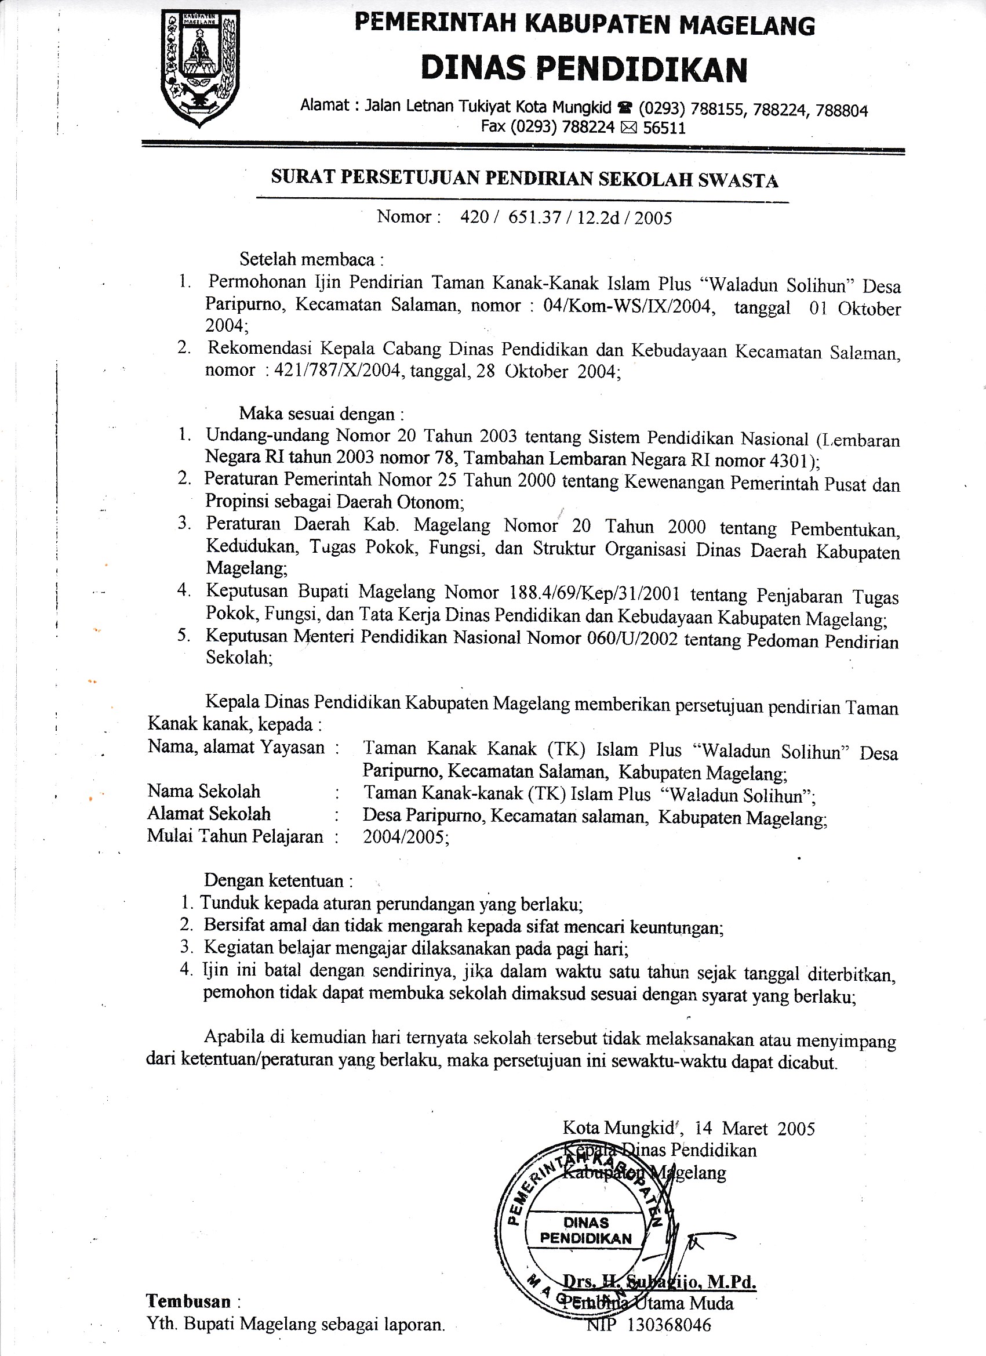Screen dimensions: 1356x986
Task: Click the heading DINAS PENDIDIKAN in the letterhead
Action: [x=584, y=69]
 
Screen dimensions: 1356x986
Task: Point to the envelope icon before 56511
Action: [x=630, y=128]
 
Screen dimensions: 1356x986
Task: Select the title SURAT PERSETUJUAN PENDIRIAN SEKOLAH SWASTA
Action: [x=524, y=179]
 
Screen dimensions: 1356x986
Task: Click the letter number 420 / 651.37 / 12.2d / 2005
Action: [x=566, y=217]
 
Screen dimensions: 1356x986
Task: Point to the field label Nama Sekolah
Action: [x=204, y=792]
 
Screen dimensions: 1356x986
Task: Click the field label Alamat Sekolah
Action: [x=209, y=814]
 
